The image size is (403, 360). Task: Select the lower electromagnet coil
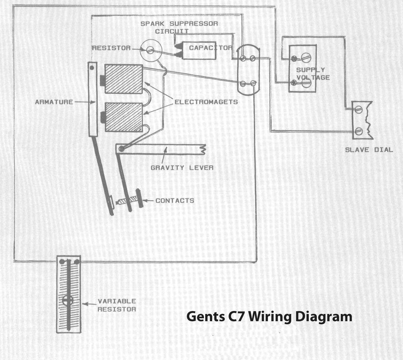pyautogui.click(x=124, y=117)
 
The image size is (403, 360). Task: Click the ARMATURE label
pyautogui.click(x=54, y=102)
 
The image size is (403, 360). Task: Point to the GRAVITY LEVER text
pyautogui.click(x=182, y=168)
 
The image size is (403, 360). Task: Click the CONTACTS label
pyautogui.click(x=175, y=201)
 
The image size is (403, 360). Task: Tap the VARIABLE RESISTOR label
pyautogui.click(x=117, y=305)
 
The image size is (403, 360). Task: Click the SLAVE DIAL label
pyautogui.click(x=369, y=150)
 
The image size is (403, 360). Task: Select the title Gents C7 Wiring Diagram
pyautogui.click(x=269, y=317)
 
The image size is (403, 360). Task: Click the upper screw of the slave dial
pyautogui.click(x=359, y=110)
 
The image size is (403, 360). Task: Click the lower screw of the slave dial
pyautogui.click(x=359, y=131)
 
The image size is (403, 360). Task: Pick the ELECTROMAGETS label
pyautogui.click(x=206, y=102)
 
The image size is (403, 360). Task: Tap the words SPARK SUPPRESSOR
pyautogui.click(x=179, y=24)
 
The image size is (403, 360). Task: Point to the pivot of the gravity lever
pyautogui.click(x=121, y=149)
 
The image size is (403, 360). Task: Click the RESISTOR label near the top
pyautogui.click(x=111, y=48)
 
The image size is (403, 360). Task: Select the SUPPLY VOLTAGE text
pyautogui.click(x=313, y=74)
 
